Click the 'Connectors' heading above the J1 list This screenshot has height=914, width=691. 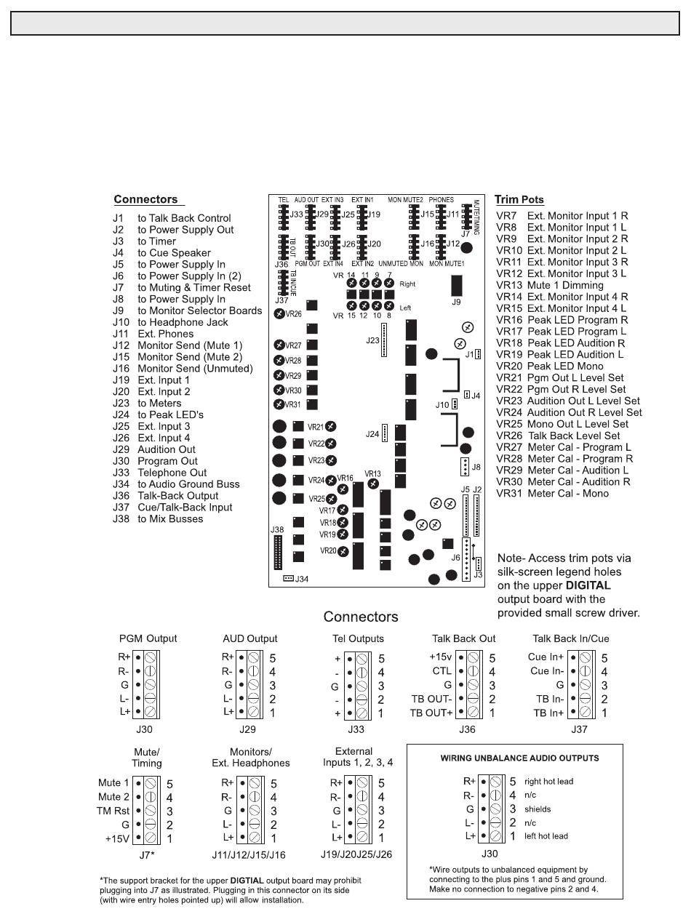pos(145,200)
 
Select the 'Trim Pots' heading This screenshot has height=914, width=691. pos(519,200)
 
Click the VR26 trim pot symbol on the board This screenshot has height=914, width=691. pos(279,314)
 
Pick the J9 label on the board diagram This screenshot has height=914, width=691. pos(457,300)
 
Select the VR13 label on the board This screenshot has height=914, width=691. pos(372,474)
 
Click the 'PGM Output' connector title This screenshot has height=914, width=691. pos(148,638)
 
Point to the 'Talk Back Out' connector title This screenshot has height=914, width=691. pos(463,638)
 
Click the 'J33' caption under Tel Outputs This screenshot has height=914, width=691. pos(356,728)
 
